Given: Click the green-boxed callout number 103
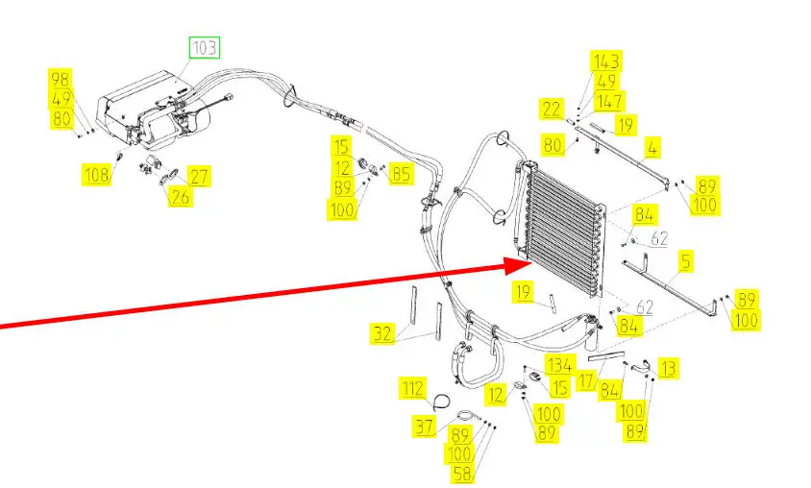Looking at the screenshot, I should tap(205, 47).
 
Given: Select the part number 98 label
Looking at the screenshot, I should tap(61, 79).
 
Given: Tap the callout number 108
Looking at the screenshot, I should tap(96, 174).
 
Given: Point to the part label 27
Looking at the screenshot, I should tap(199, 177).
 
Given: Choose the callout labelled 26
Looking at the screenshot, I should tap(180, 197).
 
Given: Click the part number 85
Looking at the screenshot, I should tap(400, 174).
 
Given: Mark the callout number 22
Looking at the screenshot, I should tap(551, 110).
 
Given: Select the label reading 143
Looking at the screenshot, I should tap(605, 61).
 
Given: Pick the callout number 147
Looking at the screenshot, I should tap(609, 101).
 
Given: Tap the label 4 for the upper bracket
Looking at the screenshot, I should tap(651, 149).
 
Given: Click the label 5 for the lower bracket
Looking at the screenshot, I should tap(685, 260).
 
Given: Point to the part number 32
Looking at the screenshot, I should tap(382, 333).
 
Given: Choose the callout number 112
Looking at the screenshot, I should tap(412, 389).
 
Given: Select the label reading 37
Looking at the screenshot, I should tap(425, 427).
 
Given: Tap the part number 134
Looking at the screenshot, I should tap(560, 364).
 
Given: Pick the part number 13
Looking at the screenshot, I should tap(667, 367).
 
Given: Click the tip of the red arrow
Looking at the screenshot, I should tap(529, 258).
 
